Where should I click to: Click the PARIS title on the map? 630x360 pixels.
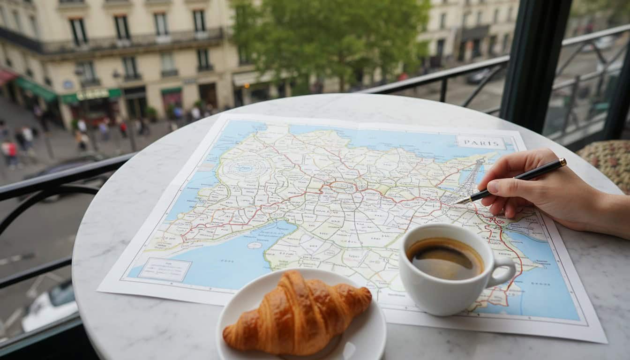tap(481, 142)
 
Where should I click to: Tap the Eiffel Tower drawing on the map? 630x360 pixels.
tap(471, 180)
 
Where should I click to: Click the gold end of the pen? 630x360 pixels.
tap(562, 162)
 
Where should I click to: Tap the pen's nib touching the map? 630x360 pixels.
tap(457, 202)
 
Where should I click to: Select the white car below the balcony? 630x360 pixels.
tap(49, 307)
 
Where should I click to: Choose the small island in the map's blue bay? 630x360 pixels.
tap(254, 245)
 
